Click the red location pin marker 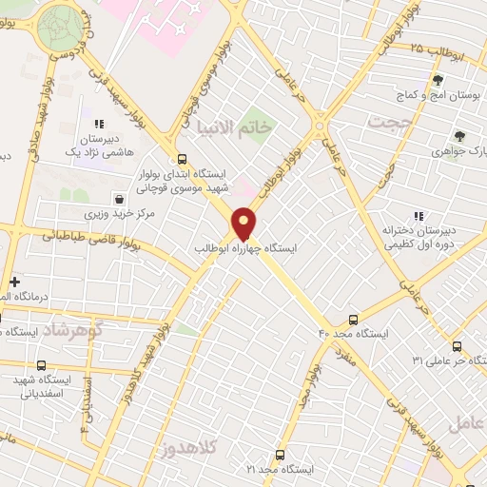tap(244, 222)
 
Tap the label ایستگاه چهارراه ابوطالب tap(245, 247)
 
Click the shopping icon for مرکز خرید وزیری tap(119, 199)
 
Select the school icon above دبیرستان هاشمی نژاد tap(96, 124)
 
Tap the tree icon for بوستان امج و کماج tap(438, 81)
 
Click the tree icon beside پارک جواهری tap(459, 136)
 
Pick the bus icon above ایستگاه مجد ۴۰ tap(354, 320)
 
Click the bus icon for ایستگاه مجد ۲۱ tap(280, 455)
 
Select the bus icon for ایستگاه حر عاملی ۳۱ tap(458, 346)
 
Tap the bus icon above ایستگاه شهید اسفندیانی tap(41, 365)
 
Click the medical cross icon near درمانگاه tap(14, 282)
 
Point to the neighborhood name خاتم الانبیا tap(231, 126)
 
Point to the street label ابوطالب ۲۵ tap(437, 49)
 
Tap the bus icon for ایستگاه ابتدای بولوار tap(181, 160)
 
